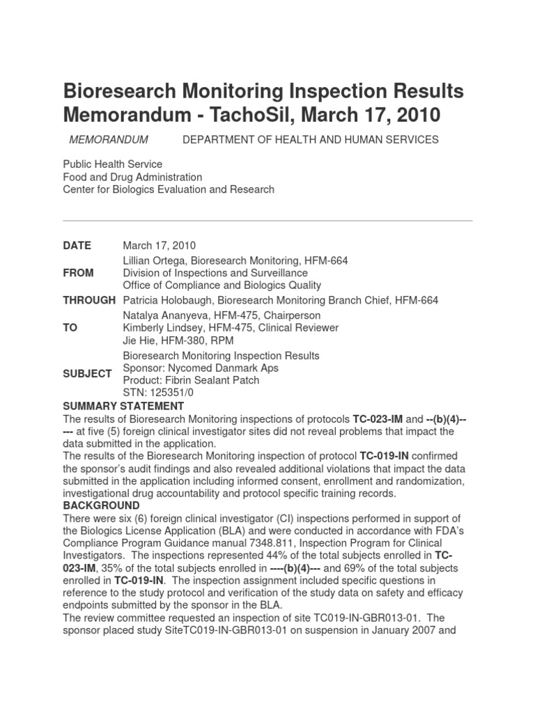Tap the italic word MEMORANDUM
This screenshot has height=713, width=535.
click(109, 140)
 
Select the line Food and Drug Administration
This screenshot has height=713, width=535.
click(132, 177)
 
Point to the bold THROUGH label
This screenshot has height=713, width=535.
click(89, 300)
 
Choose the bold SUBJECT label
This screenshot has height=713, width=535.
click(87, 374)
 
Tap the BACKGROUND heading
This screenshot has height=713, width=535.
click(101, 506)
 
